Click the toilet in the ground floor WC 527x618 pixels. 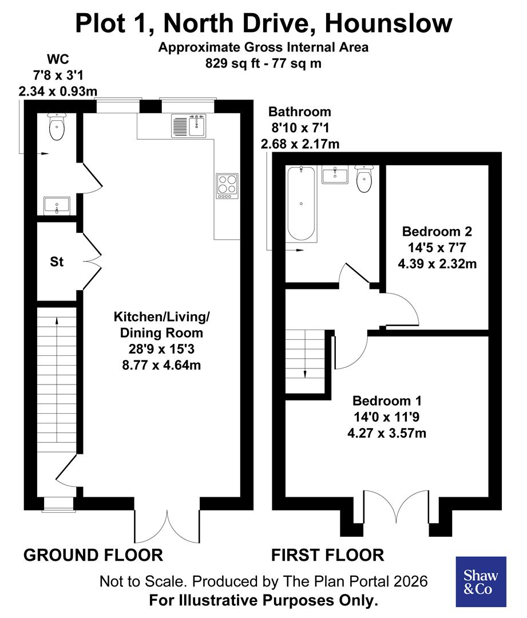[57, 126]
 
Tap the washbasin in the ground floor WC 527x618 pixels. [57, 205]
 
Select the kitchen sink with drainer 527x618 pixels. [188, 126]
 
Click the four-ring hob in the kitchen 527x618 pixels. [227, 186]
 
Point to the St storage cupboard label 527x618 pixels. [57, 262]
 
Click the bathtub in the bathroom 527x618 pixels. [300, 204]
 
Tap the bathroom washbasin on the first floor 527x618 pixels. [335, 175]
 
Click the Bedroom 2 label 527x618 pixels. [437, 232]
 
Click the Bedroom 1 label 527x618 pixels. [387, 400]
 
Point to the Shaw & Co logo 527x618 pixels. [481, 581]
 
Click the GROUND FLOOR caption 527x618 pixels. [93, 554]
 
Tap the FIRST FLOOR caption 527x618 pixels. [327, 554]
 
